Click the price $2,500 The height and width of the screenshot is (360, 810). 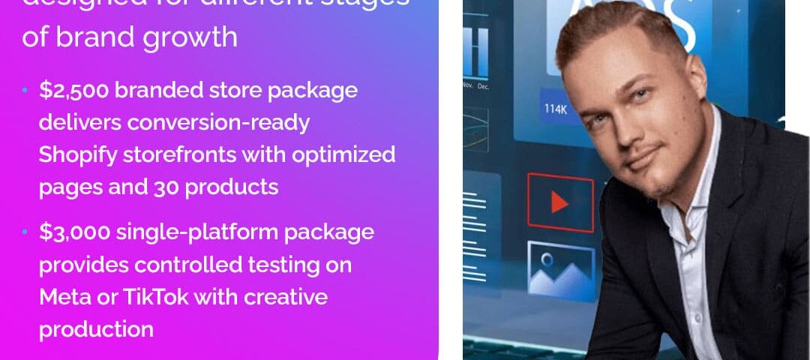pos(73,91)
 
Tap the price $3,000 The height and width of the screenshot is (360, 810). pos(74,232)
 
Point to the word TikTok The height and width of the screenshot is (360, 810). pos(156,297)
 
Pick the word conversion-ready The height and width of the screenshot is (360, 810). pos(218,122)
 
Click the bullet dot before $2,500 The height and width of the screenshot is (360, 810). pos(25,91)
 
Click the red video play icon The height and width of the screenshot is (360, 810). pos(559,202)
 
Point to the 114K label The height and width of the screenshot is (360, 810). pos(556,109)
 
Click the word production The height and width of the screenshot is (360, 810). pos(96,329)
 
